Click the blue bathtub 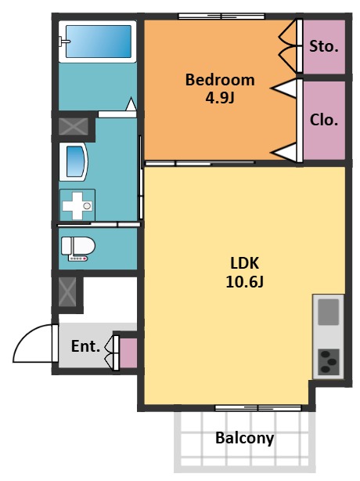pos(99,42)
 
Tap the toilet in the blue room pos(78,248)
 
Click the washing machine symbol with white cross pos(77,205)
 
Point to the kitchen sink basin pos(328,312)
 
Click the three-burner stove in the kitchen pos(329,362)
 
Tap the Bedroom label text pos(220,80)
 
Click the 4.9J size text pos(220,98)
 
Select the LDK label pos(244,263)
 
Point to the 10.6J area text pos(244,281)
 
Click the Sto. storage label pos(324,47)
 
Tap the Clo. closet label pos(324,120)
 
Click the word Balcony pos(244,438)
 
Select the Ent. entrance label pos(85,346)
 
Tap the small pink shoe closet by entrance pos(128,353)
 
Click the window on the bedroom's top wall pos(221,16)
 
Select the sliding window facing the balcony pos(258,408)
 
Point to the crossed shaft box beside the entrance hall pos(67,292)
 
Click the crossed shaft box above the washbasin pos(74,126)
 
